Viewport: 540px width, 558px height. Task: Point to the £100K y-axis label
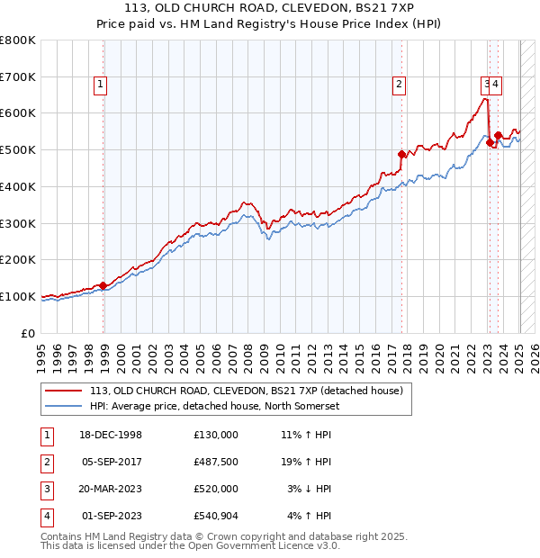19,296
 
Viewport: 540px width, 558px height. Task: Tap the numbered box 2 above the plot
399,85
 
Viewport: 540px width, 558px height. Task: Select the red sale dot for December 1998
103,285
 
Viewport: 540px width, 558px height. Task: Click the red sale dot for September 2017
402,154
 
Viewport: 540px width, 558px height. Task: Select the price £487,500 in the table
216,462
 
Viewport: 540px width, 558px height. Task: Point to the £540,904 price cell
216,516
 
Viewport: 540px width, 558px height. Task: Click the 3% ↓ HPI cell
310,489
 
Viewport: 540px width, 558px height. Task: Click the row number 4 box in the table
45,517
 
